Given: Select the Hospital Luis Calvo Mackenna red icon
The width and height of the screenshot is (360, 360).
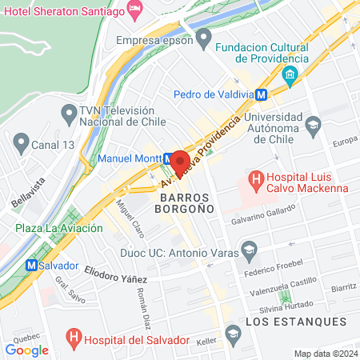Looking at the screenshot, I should click(x=256, y=178).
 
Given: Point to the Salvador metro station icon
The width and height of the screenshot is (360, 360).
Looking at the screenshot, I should click(x=31, y=265).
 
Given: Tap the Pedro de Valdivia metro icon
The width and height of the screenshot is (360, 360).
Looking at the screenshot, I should click(x=262, y=94).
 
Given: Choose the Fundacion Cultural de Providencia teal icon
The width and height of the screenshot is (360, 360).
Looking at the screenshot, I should click(x=290, y=77).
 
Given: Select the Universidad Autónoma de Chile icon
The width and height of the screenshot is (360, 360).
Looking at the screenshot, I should click(x=313, y=124).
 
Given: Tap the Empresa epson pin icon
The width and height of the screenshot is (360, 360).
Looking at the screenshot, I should click(x=205, y=37).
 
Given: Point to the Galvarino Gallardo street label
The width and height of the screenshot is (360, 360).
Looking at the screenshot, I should click(x=263, y=213).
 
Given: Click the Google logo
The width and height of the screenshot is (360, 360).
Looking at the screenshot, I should click(x=27, y=350).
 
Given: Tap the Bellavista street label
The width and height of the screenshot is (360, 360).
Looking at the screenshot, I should click(x=29, y=193).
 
